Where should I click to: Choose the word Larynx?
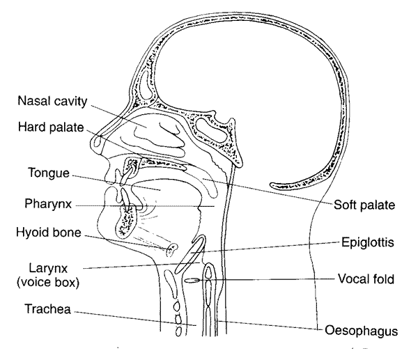pos(42,267)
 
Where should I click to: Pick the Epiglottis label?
pos(359,243)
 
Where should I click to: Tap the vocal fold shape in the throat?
pos(192,280)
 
